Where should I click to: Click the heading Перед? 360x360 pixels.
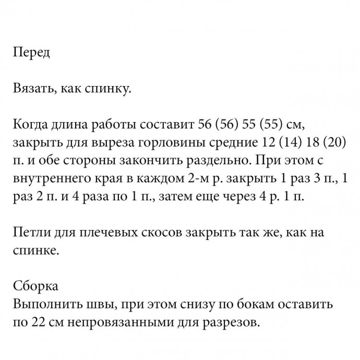pyautogui.click(x=31, y=53)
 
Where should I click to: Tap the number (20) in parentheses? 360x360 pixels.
pyautogui.click(x=332, y=143)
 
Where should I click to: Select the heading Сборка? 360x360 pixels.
pyautogui.click(x=35, y=286)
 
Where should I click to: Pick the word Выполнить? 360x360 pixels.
pyautogui.click(x=44, y=304)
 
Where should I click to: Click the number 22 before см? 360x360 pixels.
pyautogui.click(x=38, y=322)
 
